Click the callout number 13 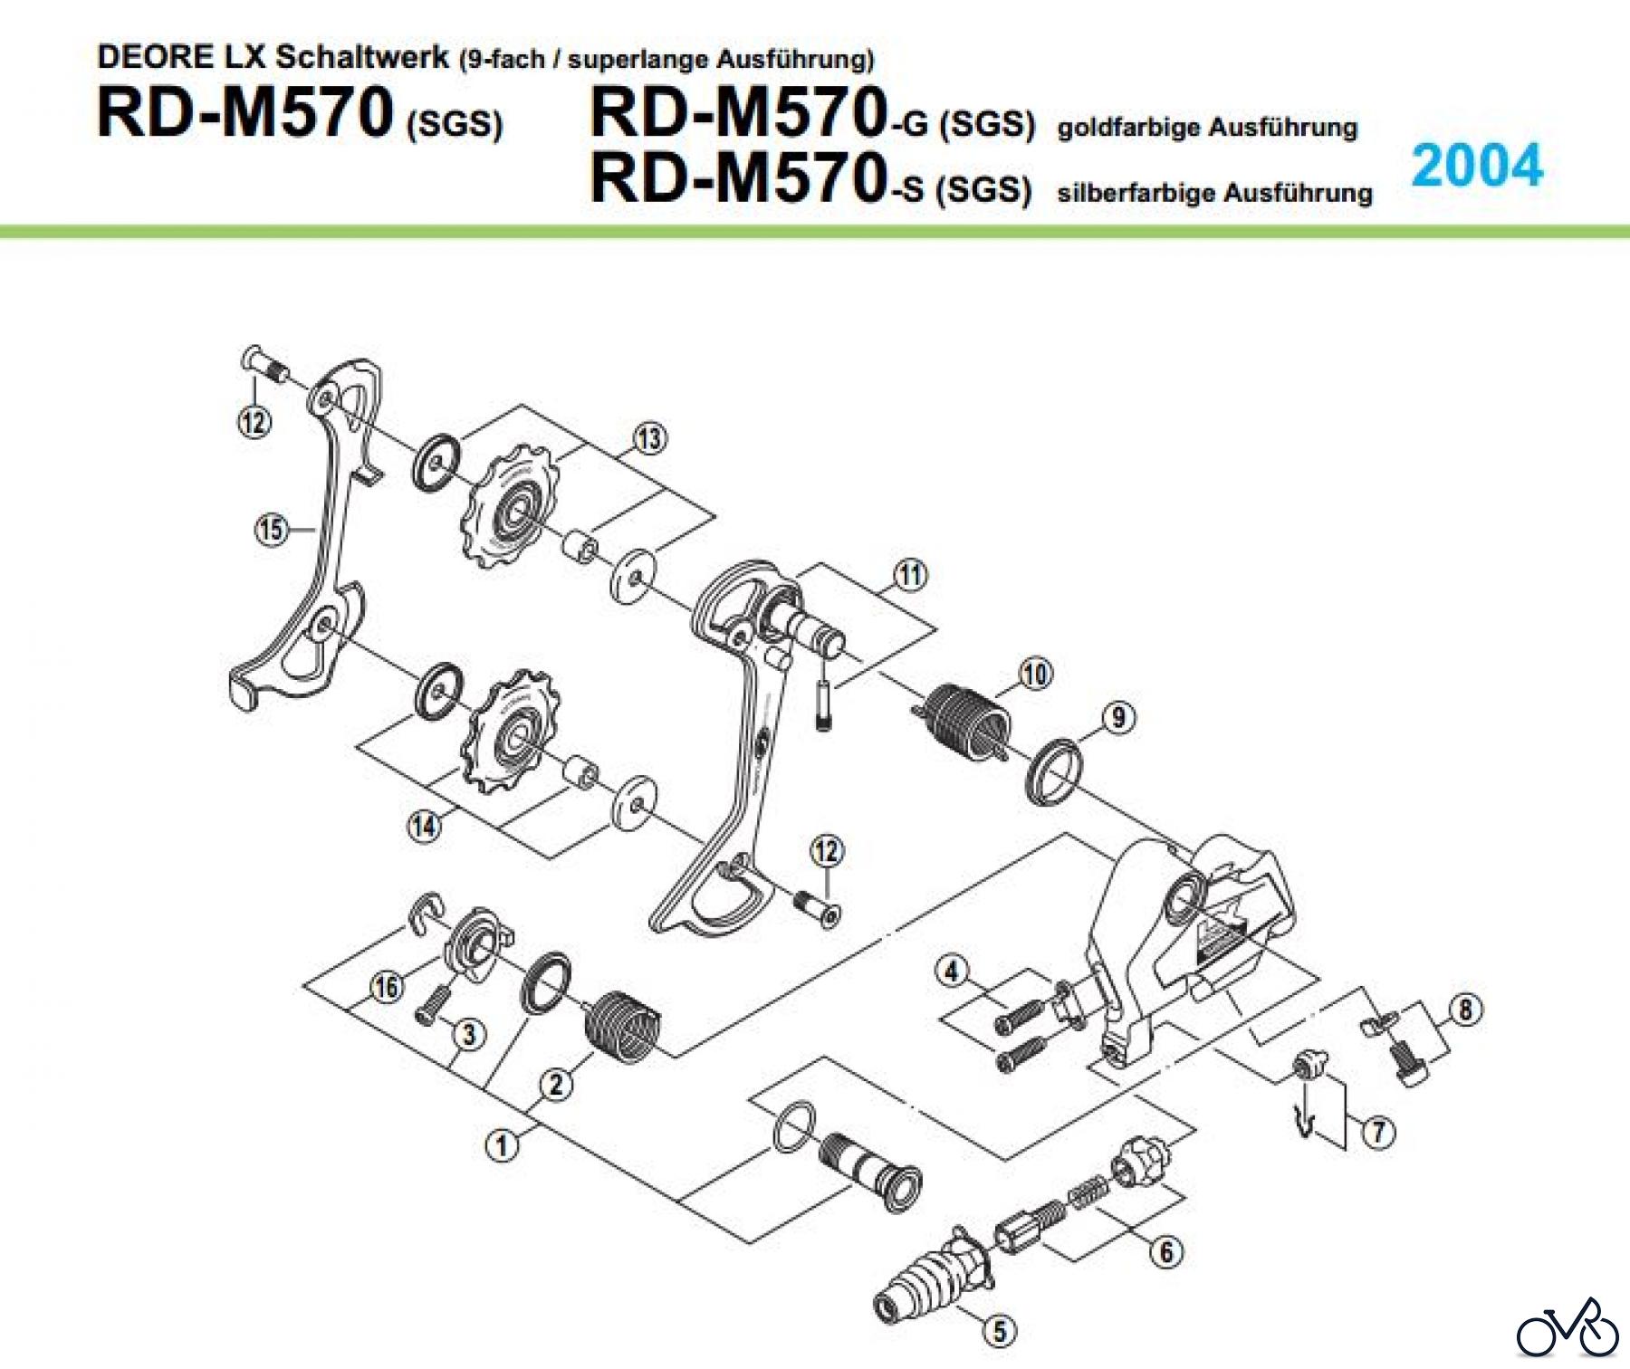point(649,439)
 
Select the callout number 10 point(1035,674)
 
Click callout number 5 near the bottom point(1000,1330)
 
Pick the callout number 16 point(387,986)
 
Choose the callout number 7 point(1378,1131)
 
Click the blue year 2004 point(1477,166)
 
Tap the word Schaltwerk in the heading point(362,56)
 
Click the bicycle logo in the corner point(1567,1327)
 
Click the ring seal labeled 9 point(1054,771)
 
